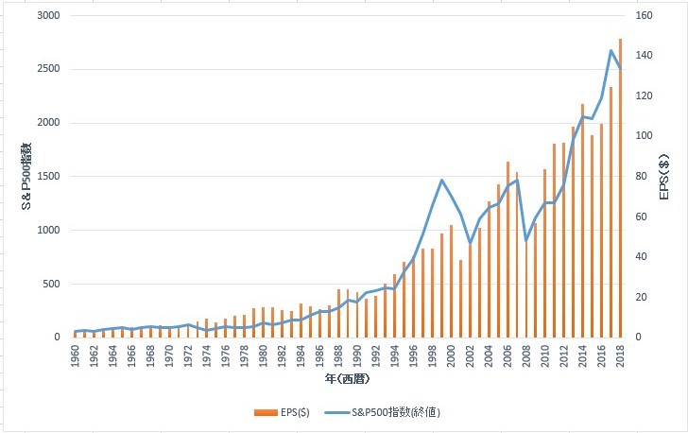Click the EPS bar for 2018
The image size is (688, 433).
(x=620, y=189)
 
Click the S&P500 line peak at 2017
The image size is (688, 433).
(x=611, y=50)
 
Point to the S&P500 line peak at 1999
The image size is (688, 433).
(x=442, y=180)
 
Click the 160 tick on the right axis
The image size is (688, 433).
(x=642, y=16)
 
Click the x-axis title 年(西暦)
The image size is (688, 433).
(x=347, y=379)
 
